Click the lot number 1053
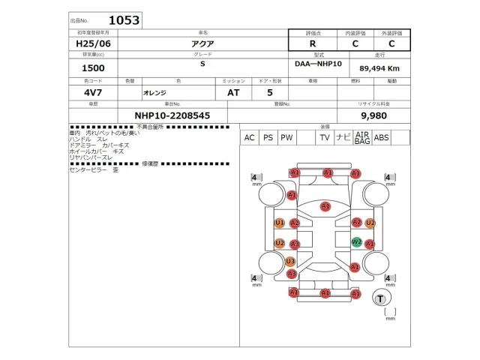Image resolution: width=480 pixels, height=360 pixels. click(x=124, y=20)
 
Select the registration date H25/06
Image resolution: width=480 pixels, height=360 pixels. click(x=93, y=44)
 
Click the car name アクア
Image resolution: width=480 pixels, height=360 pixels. click(x=202, y=44)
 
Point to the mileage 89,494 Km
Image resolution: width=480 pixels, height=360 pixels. click(x=379, y=67)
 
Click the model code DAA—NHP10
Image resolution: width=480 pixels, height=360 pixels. click(x=319, y=64)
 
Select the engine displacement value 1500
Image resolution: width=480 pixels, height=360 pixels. click(x=93, y=68)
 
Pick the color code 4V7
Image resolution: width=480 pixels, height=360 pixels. click(x=93, y=92)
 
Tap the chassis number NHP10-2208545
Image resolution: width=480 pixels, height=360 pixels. click(x=172, y=116)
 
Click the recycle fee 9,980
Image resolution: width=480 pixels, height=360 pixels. click(x=373, y=116)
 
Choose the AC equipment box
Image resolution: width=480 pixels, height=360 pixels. click(x=249, y=138)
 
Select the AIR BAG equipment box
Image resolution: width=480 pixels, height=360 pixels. click(x=362, y=138)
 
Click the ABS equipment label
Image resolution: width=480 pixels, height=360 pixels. click(x=382, y=138)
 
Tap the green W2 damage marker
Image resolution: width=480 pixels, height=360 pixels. click(x=357, y=242)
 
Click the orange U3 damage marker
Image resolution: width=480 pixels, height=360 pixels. click(x=290, y=261)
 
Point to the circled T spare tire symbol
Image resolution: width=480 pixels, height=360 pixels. click(x=381, y=299)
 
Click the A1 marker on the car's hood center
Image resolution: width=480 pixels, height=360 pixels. click(x=325, y=206)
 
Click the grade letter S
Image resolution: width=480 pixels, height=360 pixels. click(x=202, y=65)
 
